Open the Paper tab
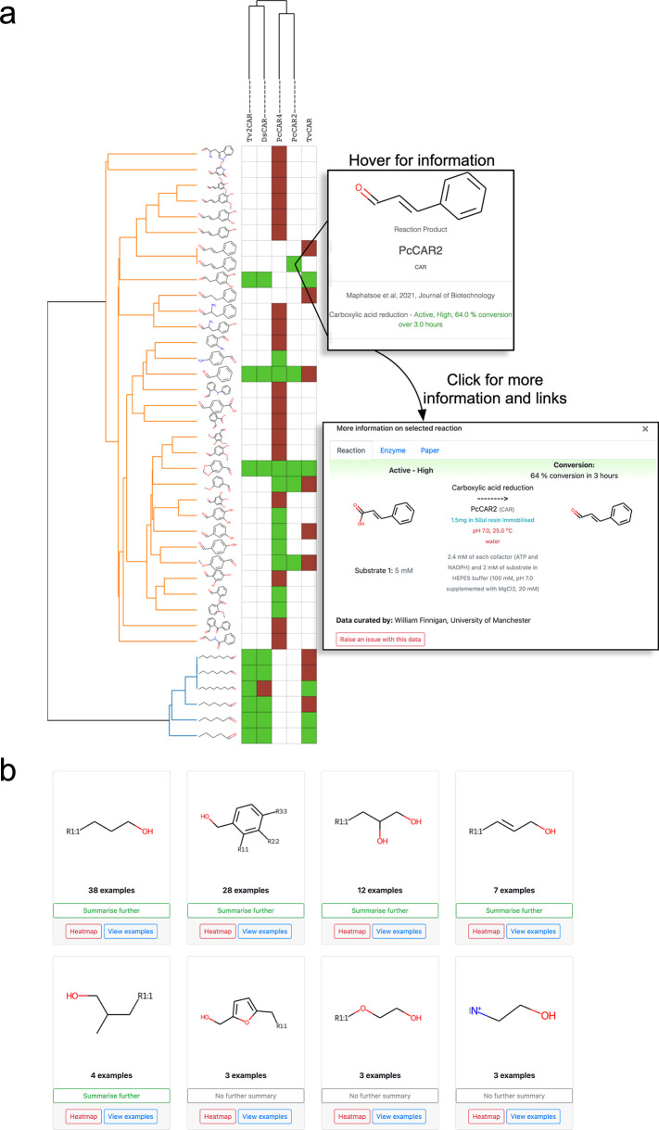pos(430,450)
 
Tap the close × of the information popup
pos(645,428)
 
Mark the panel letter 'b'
pos(12,742)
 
